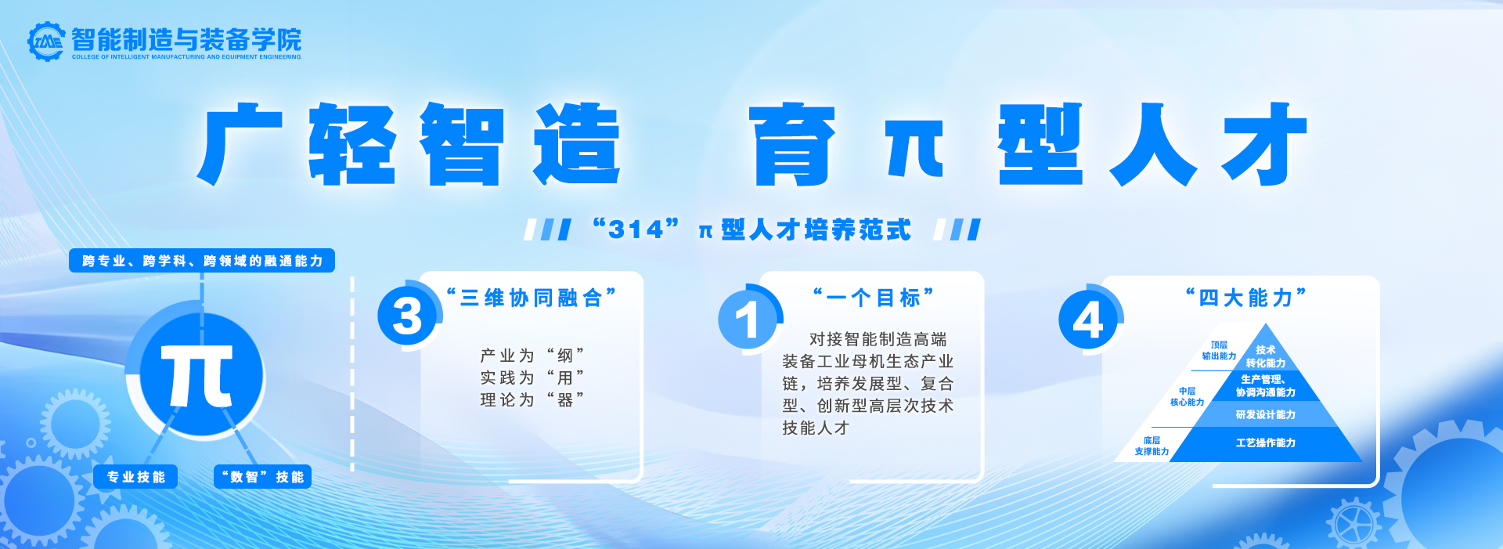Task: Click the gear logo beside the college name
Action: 45,41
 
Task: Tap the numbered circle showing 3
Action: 407,316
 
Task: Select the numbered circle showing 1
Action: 748,319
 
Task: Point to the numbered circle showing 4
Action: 1088,320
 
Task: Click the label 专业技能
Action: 135,477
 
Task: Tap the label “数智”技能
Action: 263,477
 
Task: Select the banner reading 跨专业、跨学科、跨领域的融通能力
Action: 202,261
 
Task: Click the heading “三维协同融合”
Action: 532,298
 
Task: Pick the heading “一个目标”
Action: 874,298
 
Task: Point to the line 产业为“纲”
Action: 532,356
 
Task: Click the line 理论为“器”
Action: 532,400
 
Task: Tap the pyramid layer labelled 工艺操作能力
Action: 1265,443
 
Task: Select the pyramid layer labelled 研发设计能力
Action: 1265,414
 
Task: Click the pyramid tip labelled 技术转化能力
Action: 1265,356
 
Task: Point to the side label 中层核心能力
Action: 1187,396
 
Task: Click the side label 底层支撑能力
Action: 1152,446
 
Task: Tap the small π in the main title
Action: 914,148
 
